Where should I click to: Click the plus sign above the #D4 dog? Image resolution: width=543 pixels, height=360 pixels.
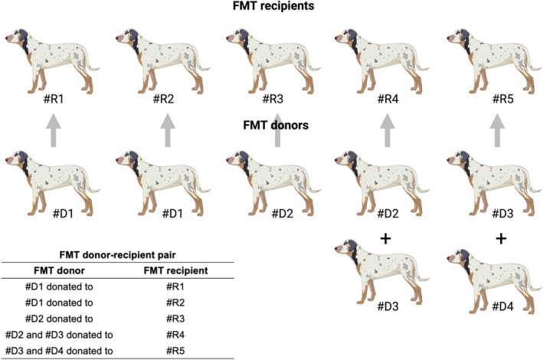click(501, 239)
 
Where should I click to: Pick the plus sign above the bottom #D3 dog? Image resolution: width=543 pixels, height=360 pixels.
click(386, 239)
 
